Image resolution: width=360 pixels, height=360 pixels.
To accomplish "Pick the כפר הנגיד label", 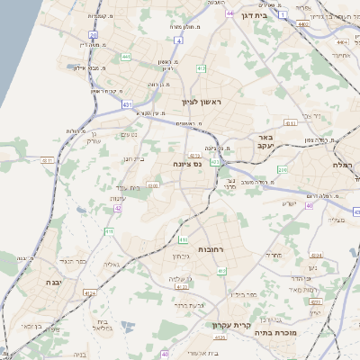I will pyautogui.click(x=75, y=261).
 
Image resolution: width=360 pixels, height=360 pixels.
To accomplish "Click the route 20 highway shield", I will pyautogui.click(x=94, y=35).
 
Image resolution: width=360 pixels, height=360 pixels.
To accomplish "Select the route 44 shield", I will pyautogui.click(x=231, y=13).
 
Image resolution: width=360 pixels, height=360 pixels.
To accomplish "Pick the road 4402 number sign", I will pyautogui.click(x=302, y=24).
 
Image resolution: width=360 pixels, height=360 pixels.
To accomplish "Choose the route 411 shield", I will pyautogui.click(x=109, y=231).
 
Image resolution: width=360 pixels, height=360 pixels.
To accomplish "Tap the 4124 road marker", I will pyautogui.click(x=89, y=293).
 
